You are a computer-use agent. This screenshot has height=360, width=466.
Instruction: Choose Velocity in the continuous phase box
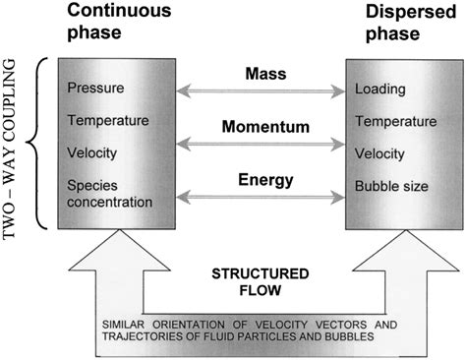91,154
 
